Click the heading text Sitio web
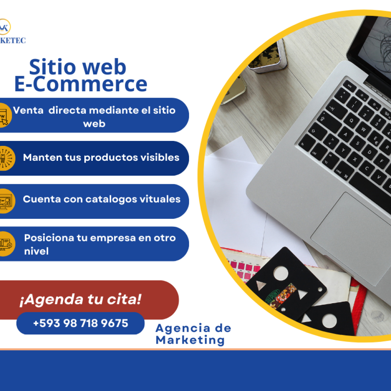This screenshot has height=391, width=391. [78, 67]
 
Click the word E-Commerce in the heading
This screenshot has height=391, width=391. [81, 84]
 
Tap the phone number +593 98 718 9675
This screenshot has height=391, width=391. [81, 323]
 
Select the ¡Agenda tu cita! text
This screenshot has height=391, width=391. [80, 299]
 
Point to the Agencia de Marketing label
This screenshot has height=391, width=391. [193, 334]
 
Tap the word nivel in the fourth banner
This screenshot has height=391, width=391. [36, 251]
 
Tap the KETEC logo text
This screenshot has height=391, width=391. [13, 40]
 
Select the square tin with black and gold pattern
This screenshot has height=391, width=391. [268, 57]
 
